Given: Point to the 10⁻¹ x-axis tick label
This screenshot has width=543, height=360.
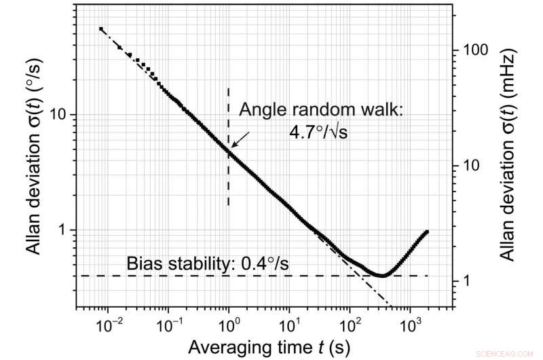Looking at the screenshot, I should pos(168,325).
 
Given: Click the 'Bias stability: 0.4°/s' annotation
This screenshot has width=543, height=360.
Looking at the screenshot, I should pos(207,262).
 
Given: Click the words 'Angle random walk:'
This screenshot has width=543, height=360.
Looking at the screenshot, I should pos(320,109).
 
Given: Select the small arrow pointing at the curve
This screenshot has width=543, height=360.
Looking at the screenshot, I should pos(239,140).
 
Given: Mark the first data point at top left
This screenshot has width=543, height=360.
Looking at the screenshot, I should pos(100,29).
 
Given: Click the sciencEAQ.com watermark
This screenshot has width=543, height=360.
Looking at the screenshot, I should pos(516,353).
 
